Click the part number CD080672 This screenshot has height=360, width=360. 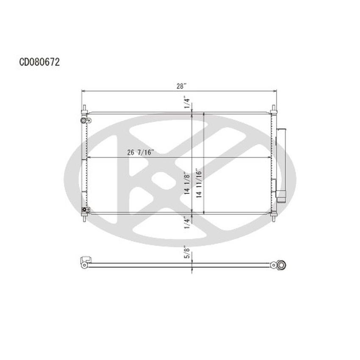tap(39, 62)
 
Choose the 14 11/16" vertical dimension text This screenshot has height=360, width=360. tap(198, 185)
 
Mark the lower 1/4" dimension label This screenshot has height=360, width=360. tap(187, 223)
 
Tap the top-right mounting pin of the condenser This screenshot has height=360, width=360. tap(274, 109)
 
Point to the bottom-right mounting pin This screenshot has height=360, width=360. tap(274, 217)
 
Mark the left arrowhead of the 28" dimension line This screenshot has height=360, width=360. tap(84, 91)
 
